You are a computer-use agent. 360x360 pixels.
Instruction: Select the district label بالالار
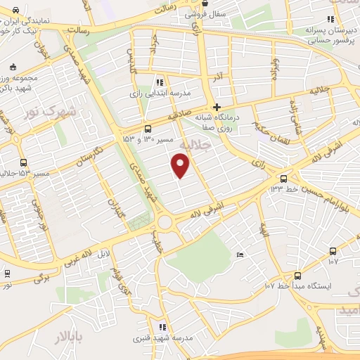coord(69,338)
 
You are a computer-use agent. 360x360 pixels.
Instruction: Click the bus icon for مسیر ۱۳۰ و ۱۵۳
coord(148,129)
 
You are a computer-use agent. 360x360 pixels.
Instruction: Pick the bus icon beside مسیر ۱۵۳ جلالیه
coord(23,162)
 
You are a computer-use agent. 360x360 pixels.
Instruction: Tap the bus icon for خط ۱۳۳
coord(283,179)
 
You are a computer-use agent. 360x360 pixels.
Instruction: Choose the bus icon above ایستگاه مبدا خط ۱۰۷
coord(297,276)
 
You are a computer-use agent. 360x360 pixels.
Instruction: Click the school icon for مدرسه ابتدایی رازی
coord(160,82)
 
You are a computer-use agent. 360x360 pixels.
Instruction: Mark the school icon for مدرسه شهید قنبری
coord(162,327)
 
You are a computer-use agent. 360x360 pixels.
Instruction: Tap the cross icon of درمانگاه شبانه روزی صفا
coord(217,108)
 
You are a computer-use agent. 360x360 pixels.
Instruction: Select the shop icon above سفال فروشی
coord(205,4)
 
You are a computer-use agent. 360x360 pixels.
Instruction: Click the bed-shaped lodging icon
coord(240,254)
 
